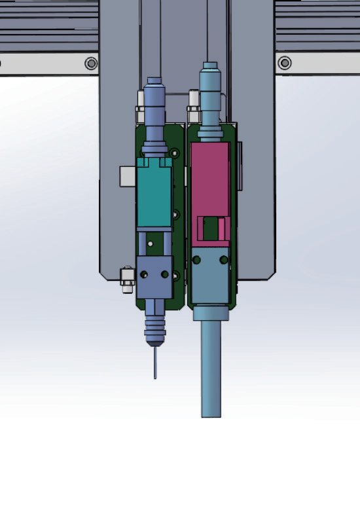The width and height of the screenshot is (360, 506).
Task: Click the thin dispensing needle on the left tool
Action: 155,363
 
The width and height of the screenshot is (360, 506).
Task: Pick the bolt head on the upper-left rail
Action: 91,63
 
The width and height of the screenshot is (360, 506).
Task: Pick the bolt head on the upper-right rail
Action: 285,63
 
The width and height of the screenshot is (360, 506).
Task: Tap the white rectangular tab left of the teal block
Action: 127,176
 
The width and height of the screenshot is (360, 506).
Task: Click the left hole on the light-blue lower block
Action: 196,261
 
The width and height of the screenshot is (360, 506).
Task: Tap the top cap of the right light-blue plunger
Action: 209,66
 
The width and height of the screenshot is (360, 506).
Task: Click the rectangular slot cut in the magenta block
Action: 210,229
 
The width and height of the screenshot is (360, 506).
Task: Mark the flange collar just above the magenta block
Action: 209,131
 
